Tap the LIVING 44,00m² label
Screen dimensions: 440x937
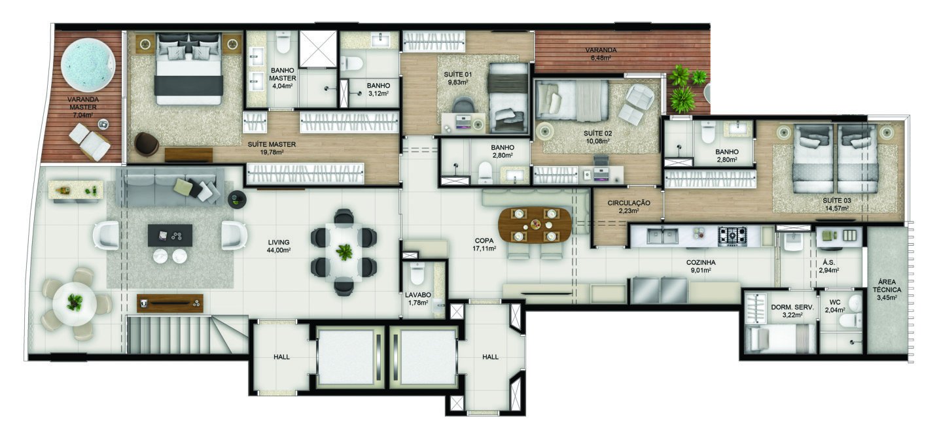279,245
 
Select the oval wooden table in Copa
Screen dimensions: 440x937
535,224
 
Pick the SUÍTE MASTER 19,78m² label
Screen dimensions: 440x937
272,148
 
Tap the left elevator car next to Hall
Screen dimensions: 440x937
345,356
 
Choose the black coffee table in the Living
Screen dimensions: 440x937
170,235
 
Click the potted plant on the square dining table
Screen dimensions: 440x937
344,252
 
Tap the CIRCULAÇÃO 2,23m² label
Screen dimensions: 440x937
628,207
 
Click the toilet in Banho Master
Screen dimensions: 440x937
283,44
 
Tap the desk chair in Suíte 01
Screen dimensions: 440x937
464,105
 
